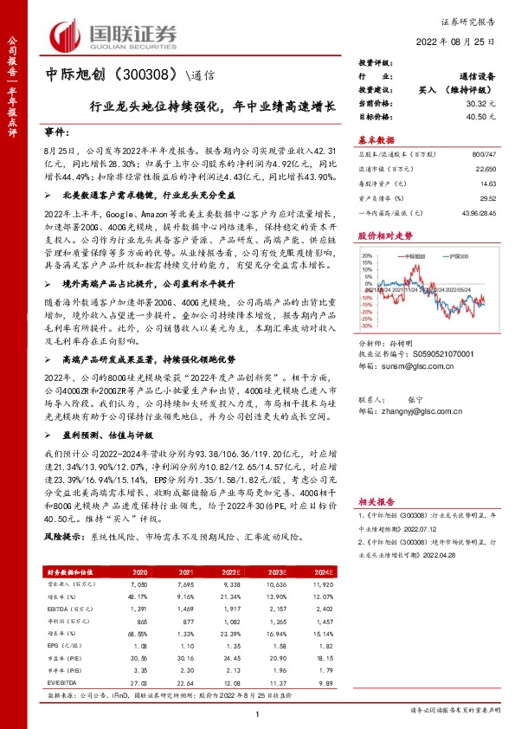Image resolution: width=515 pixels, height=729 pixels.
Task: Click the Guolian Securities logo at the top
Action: click(112, 34)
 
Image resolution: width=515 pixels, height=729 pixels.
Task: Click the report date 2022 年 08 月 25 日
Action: click(455, 42)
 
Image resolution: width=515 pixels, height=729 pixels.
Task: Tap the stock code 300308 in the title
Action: click(152, 74)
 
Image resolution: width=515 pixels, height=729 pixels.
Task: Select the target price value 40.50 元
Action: click(479, 114)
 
